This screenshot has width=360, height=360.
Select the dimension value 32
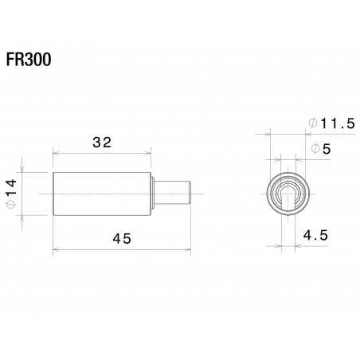pos(102,143)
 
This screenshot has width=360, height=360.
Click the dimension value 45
pos(121,238)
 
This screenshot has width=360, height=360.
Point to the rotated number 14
pos(10,189)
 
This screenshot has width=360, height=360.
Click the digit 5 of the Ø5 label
pos(327,149)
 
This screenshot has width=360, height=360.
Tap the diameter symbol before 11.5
pos(312,123)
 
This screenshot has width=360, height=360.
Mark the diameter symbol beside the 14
pos(10,205)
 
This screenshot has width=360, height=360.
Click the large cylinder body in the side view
pos(102,194)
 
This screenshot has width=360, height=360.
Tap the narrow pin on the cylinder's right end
pos(173,194)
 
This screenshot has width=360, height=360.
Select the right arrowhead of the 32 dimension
pos(149,152)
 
